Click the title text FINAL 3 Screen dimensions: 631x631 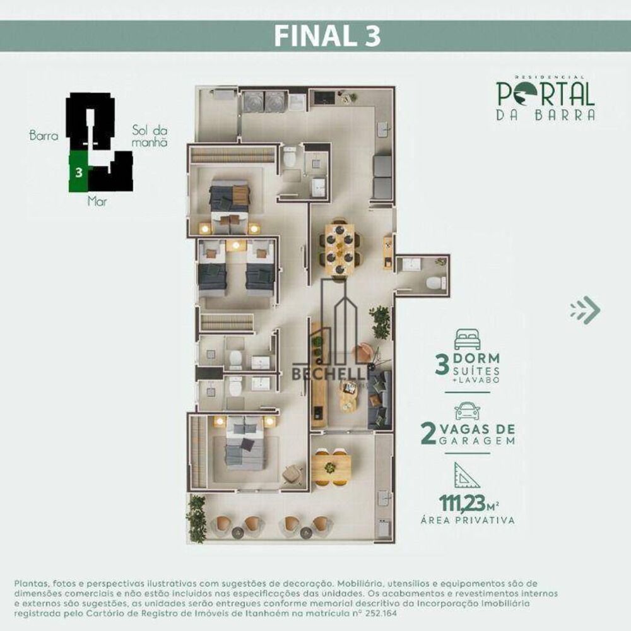pyautogui.click(x=327, y=37)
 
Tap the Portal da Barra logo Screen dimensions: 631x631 pyautogui.click(x=545, y=98)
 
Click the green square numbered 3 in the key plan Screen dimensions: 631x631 pyautogui.click(x=78, y=172)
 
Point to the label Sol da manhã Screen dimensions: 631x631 pyautogui.click(x=150, y=136)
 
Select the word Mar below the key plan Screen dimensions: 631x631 pyautogui.click(x=96, y=203)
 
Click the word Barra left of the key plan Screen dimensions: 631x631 pyautogui.click(x=44, y=135)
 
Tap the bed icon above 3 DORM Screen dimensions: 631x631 pyautogui.click(x=467, y=338)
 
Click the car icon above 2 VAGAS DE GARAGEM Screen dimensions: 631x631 pyautogui.click(x=467, y=411)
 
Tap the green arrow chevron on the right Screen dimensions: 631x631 pyautogui.click(x=585, y=310)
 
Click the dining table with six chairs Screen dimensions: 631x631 pyautogui.click(x=339, y=246)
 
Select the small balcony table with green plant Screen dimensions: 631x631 pyautogui.click(x=331, y=468)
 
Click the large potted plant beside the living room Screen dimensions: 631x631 pyautogui.click(x=380, y=322)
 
